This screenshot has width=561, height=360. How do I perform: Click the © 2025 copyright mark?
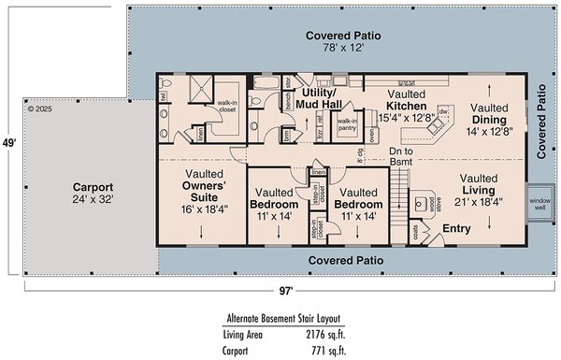41,108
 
